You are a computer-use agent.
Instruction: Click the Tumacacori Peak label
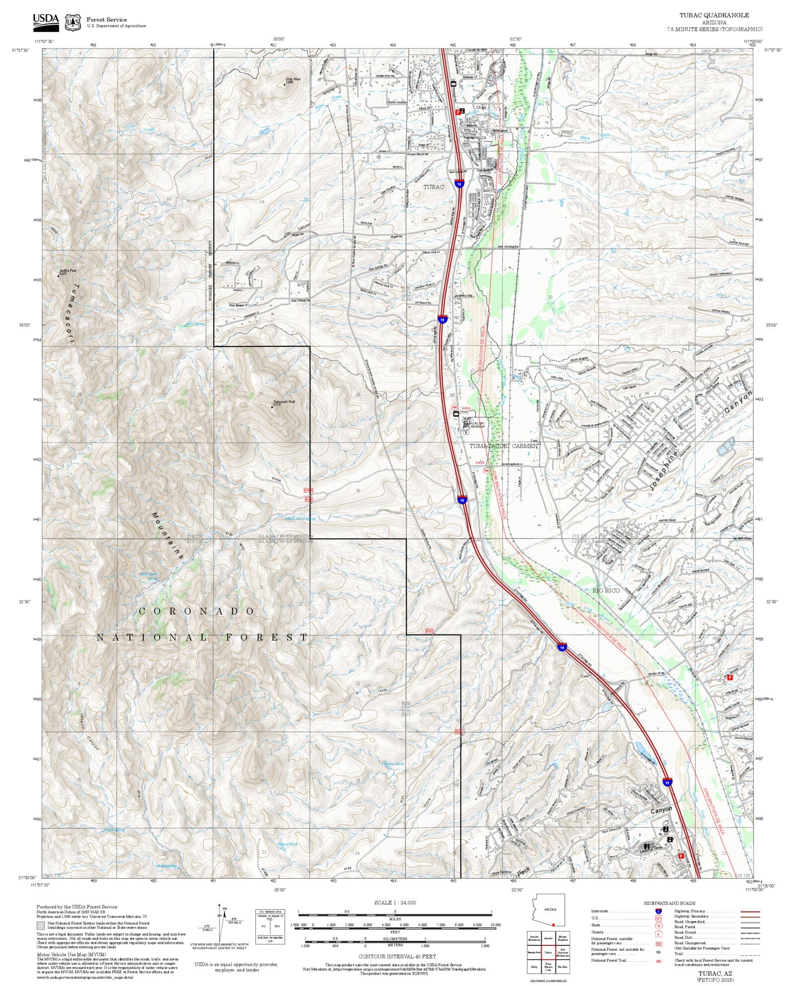[284, 402]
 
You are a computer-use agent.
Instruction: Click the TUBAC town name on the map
[433, 187]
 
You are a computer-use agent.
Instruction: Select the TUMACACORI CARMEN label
[504, 446]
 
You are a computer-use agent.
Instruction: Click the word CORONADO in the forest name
[197, 611]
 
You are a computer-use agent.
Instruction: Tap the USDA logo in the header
[46, 21]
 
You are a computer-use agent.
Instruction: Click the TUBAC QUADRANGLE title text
[714, 15]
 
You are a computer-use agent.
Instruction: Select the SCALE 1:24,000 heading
[395, 903]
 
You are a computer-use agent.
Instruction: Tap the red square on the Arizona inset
[553, 924]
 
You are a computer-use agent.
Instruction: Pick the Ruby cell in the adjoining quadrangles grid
[534, 967]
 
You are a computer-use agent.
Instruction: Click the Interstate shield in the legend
[659, 911]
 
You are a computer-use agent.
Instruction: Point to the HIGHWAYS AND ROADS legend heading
[670, 903]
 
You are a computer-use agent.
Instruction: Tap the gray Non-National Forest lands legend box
[40, 925]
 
